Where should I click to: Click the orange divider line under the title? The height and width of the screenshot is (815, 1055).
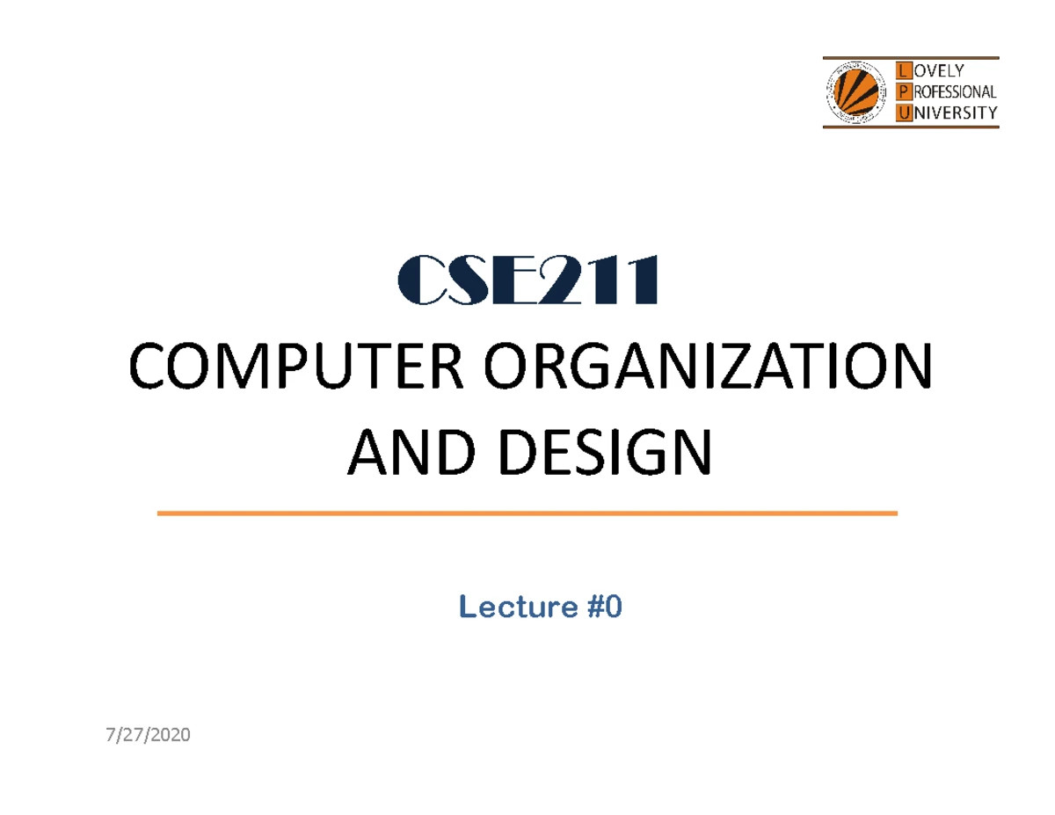pyautogui.click(x=527, y=513)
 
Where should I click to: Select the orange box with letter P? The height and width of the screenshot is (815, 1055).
pyautogui.click(x=901, y=91)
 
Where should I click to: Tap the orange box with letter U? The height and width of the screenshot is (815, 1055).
pyautogui.click(x=901, y=113)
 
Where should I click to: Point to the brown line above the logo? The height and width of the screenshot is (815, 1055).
pyautogui.click(x=910, y=57)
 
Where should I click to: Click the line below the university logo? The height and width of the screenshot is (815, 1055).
pyautogui.click(x=910, y=127)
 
